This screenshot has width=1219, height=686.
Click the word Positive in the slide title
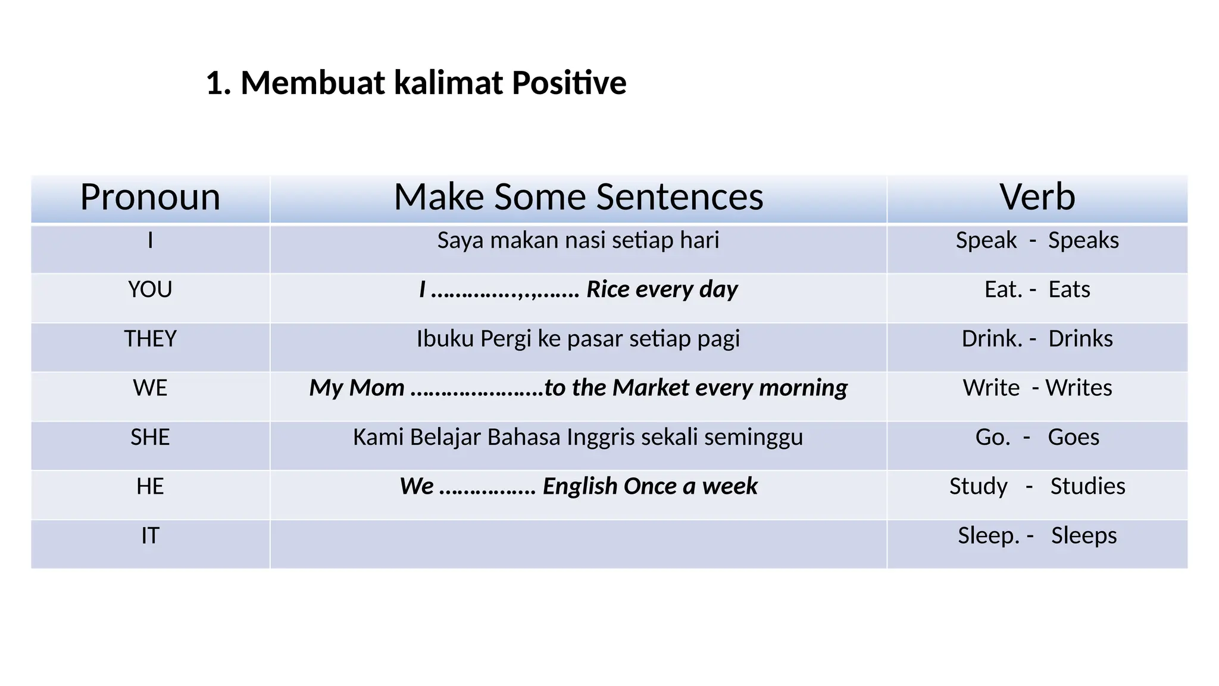point(568,83)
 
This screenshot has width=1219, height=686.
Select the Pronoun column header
point(150,197)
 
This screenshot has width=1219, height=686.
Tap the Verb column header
point(1037,197)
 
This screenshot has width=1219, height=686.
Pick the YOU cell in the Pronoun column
point(150,290)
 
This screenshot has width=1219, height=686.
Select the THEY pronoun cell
point(150,339)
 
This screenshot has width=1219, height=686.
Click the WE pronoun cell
point(150,388)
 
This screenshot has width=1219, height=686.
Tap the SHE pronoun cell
point(150,438)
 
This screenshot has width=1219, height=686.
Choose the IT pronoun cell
point(150,536)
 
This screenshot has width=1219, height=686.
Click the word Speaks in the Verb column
point(1083,241)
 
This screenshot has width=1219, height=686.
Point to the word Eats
point(1069,290)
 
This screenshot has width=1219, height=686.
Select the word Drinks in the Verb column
point(1080,339)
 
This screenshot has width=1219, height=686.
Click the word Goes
point(1073,438)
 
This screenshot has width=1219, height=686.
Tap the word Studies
point(1087,487)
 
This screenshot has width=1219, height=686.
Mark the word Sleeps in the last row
point(1083,536)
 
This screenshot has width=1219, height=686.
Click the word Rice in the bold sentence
point(608,289)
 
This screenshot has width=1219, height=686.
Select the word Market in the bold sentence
point(651,388)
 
